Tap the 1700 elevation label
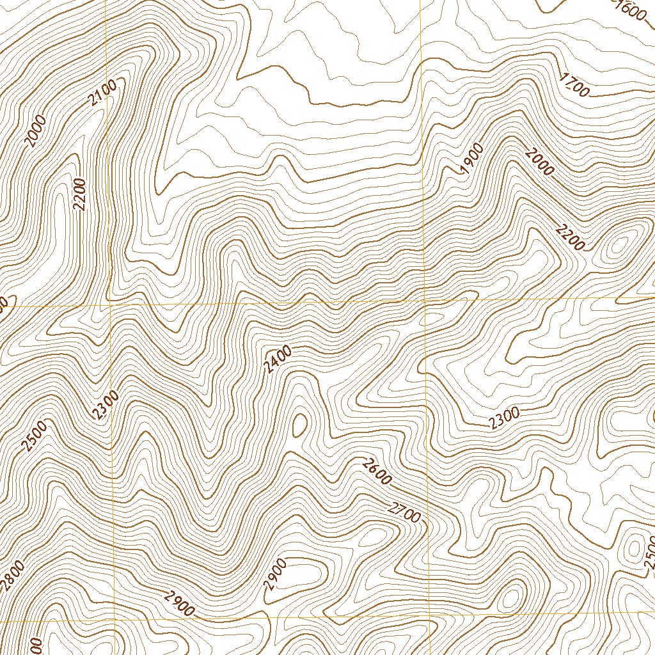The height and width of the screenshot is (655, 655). pos(574,85)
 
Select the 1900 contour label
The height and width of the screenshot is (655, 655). pos(472,158)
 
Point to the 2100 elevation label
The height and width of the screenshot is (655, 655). pos(102,94)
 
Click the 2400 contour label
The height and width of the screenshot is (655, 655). pos(278,359)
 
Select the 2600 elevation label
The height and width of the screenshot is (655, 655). pos(375,472)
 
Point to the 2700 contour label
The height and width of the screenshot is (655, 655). pos(404,512)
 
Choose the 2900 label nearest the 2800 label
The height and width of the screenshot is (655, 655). pos(178,604)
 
